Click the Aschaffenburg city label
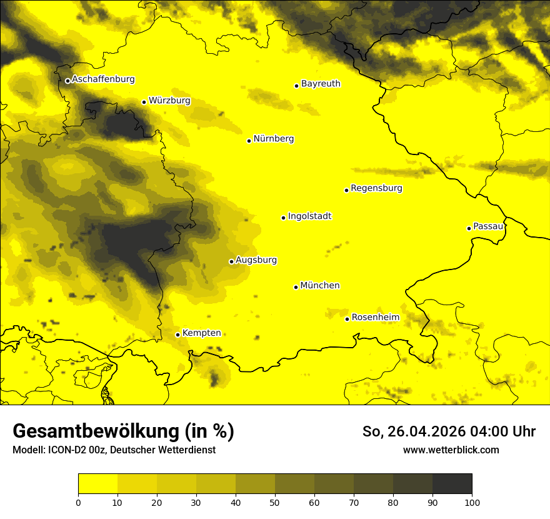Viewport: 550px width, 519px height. [x=103, y=79]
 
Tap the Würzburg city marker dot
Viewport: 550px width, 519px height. [x=144, y=102]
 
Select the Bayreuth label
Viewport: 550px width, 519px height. [x=321, y=84]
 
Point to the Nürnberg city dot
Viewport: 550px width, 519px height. [x=249, y=141]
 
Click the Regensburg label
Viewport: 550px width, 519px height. [x=376, y=188]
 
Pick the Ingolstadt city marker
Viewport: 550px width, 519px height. [x=283, y=218]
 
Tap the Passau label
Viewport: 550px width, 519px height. [x=488, y=226]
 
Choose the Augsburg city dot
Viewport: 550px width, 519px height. [x=231, y=261]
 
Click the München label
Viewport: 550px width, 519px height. [x=320, y=286]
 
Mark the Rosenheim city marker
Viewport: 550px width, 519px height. [x=347, y=319]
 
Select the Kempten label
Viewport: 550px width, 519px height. [x=201, y=333]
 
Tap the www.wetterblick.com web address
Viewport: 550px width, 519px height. [x=451, y=450]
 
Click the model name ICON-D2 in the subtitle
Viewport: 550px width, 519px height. [x=65, y=450]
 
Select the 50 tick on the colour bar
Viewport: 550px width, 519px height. [x=275, y=502]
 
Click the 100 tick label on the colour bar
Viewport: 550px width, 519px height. [x=472, y=502]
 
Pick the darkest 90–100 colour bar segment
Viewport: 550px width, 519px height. [x=452, y=484]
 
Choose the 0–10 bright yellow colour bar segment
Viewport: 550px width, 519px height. [x=97, y=484]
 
